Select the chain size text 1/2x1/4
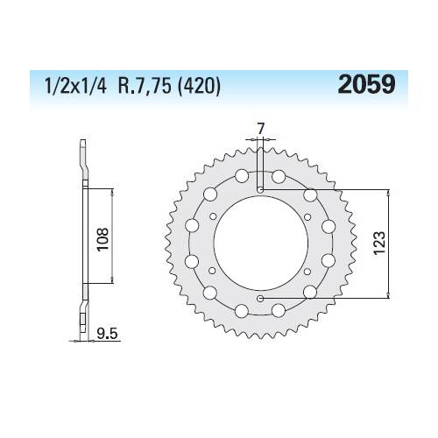[x=67, y=87]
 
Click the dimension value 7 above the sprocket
[x=260, y=131]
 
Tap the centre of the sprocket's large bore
[x=260, y=244]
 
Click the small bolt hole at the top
[x=260, y=188]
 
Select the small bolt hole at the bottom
[x=260, y=299]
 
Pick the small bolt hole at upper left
[x=213, y=216]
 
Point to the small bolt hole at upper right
[x=308, y=216]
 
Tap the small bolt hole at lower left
[x=213, y=272]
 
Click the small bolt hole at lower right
[x=308, y=272]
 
